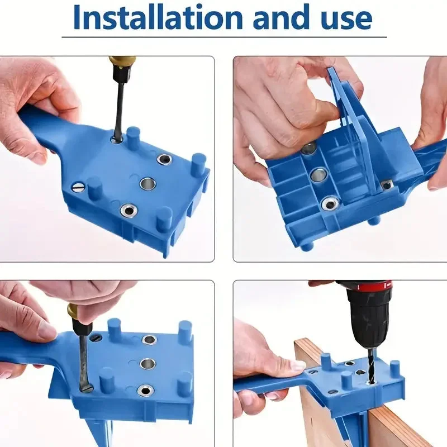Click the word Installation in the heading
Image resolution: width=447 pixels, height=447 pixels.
[x=158, y=17]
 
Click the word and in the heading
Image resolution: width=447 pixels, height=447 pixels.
[x=281, y=17]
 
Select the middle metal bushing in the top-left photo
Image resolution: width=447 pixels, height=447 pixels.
[x=148, y=184]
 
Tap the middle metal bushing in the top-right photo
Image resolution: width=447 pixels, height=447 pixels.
[x=319, y=175]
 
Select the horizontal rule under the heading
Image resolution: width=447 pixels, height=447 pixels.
[x=224, y=37]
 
